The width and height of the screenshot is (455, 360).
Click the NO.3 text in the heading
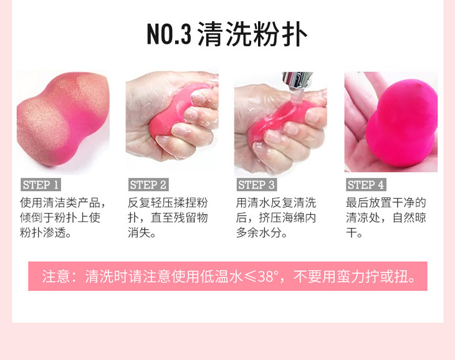click(x=169, y=34)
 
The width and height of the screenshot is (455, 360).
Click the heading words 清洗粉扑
click(x=252, y=34)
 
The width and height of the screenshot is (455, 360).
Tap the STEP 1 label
click(x=41, y=184)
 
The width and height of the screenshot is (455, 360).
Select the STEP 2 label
click(x=148, y=184)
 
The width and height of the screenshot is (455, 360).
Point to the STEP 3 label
click(x=257, y=184)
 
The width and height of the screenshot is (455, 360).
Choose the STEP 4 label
click(x=366, y=184)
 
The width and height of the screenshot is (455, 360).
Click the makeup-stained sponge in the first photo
click(x=63, y=119)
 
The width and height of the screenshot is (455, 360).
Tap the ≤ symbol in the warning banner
click(x=250, y=277)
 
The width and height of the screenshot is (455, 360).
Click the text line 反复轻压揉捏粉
click(x=168, y=202)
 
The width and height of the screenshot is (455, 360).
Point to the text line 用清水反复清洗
click(x=276, y=202)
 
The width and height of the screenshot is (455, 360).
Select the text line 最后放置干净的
click(x=386, y=202)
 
